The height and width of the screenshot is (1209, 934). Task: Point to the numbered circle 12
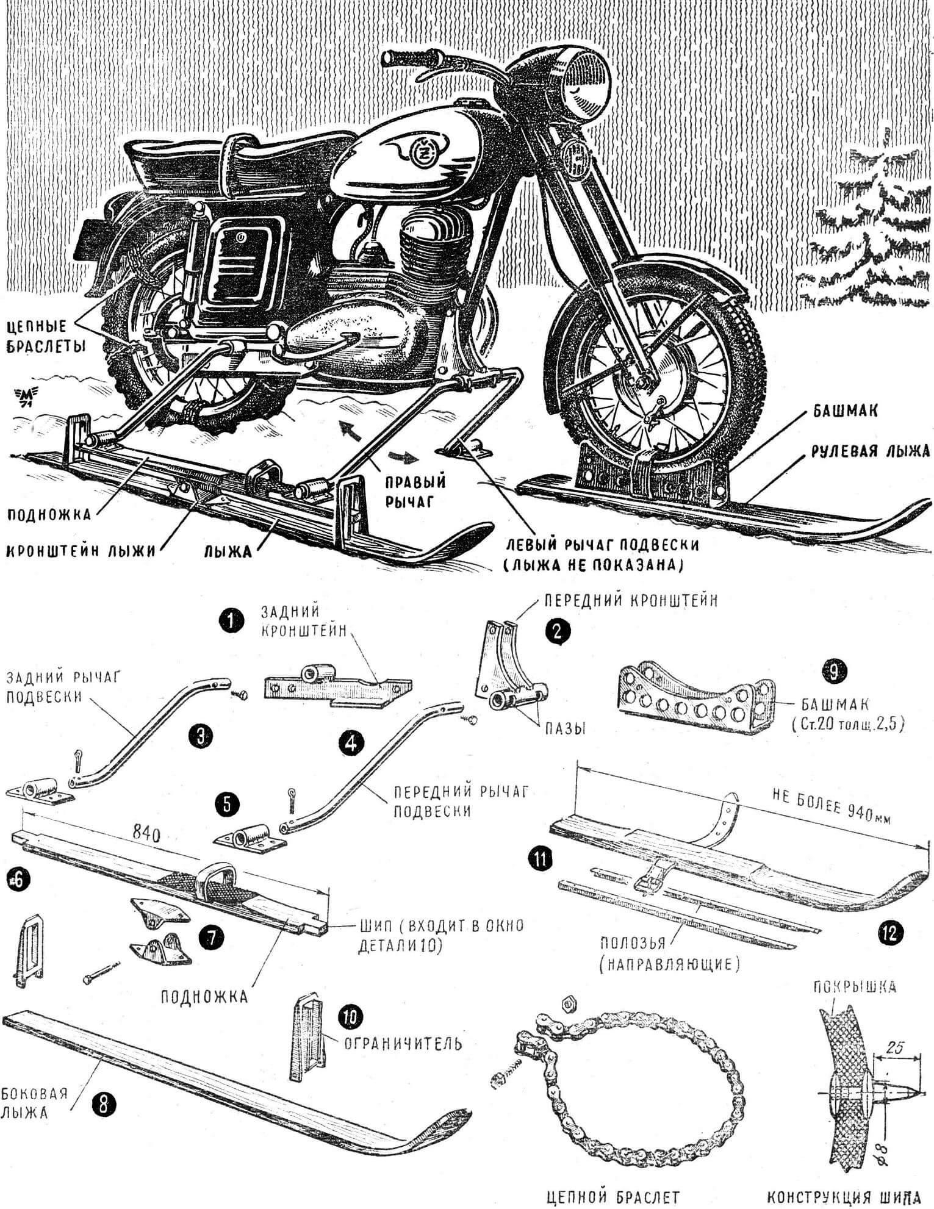point(891,933)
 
